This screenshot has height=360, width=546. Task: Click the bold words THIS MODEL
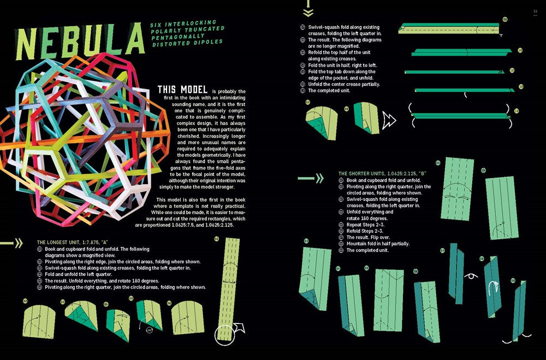click(x=182, y=89)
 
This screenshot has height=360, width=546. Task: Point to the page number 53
click(x=536, y=10)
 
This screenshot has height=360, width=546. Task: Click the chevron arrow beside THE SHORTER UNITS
click(x=314, y=178)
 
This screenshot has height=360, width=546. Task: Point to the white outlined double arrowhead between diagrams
click(x=389, y=119)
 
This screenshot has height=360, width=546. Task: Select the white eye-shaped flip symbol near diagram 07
click(x=467, y=276)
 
